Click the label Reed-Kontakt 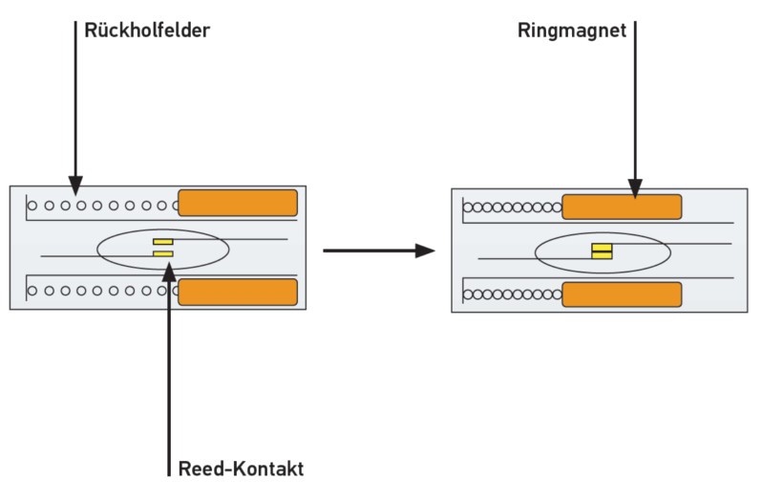(241, 469)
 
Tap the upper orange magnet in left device (238, 203)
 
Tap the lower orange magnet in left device (238, 292)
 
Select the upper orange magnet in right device (622, 207)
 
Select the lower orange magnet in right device (622, 294)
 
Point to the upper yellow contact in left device (162, 241)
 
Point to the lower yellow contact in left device (162, 254)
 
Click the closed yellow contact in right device (602, 251)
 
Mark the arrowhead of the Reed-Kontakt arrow (168, 271)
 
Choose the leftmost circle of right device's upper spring (468, 207)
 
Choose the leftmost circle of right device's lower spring (468, 295)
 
